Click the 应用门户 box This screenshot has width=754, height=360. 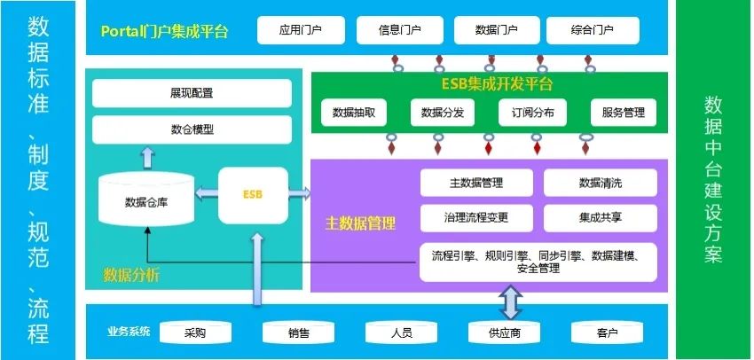301,30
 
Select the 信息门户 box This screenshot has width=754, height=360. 399,30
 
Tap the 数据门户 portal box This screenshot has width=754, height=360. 497,30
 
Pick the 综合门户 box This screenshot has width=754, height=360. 593,30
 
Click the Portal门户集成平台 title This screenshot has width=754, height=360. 165,31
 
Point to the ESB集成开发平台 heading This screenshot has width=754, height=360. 497,85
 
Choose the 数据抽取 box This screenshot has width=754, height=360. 354,113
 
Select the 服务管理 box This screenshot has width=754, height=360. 624,113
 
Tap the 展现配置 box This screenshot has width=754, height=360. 192,92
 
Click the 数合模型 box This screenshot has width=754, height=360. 192,129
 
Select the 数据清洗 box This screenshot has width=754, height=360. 601,183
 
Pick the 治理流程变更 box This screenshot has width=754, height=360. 476,218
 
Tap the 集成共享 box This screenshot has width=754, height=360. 601,218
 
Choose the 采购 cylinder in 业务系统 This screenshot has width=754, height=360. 195,333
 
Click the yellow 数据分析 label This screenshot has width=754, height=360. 131,274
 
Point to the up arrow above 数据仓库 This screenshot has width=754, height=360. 147,157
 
